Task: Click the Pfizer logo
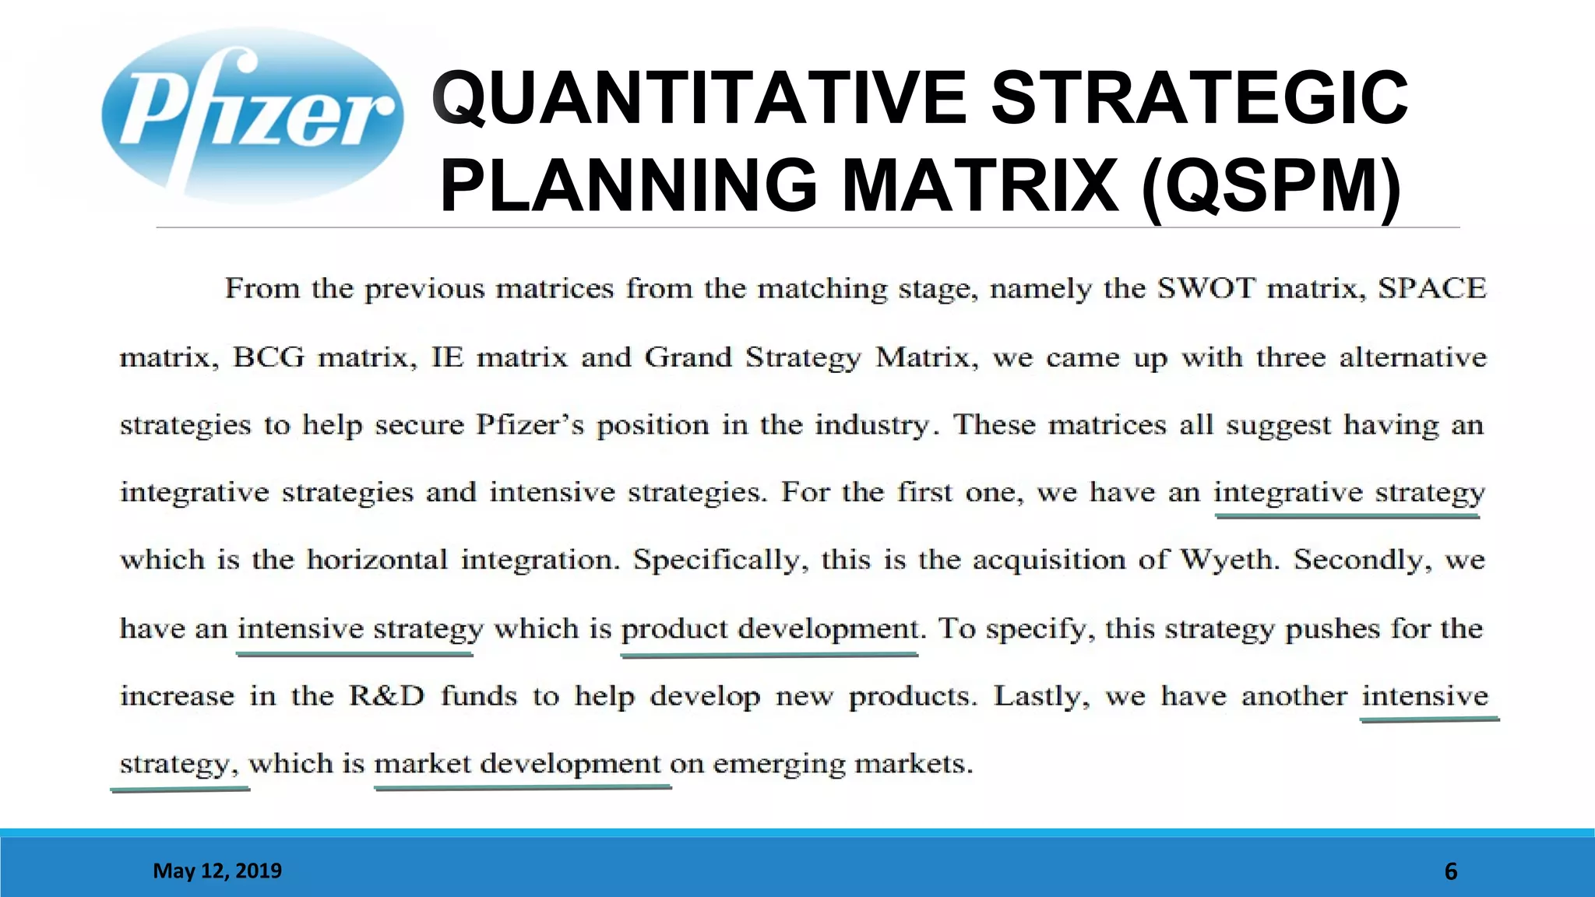click(252, 115)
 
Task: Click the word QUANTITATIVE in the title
click(698, 98)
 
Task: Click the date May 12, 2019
click(217, 871)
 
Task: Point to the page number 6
click(1450, 871)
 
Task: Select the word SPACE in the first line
click(1431, 289)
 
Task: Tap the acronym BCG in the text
click(269, 357)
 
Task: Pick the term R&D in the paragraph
click(386, 695)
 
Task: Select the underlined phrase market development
click(517, 764)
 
